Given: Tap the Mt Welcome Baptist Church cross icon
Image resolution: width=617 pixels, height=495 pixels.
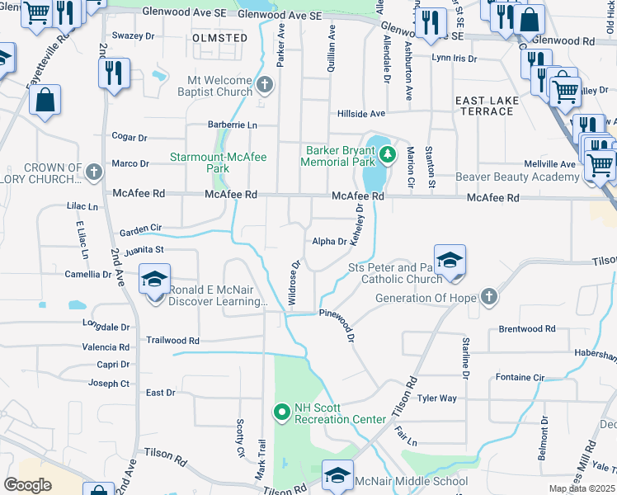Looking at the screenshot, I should (x=264, y=84).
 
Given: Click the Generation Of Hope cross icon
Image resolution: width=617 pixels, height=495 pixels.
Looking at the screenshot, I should (x=489, y=297).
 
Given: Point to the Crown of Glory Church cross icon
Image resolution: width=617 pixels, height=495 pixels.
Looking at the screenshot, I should (x=94, y=172).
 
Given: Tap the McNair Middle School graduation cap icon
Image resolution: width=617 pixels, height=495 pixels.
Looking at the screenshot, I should (x=337, y=474).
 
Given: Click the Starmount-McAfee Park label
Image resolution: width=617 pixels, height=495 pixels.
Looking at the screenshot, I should (x=218, y=163).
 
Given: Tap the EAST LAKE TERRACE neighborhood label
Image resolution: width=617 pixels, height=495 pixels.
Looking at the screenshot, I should (x=486, y=106).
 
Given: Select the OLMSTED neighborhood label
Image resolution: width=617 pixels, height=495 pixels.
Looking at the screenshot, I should (x=219, y=38).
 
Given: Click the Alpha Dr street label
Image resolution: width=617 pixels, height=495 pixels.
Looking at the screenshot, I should (x=329, y=242).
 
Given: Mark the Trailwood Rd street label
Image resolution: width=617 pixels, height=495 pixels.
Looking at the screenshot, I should (x=172, y=340).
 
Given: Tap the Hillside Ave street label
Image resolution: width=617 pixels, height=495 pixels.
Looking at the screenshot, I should (x=360, y=114).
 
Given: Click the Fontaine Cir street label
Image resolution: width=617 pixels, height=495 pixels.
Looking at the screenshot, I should (x=520, y=377).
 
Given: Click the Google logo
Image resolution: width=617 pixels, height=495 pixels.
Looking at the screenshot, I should (x=28, y=484).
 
